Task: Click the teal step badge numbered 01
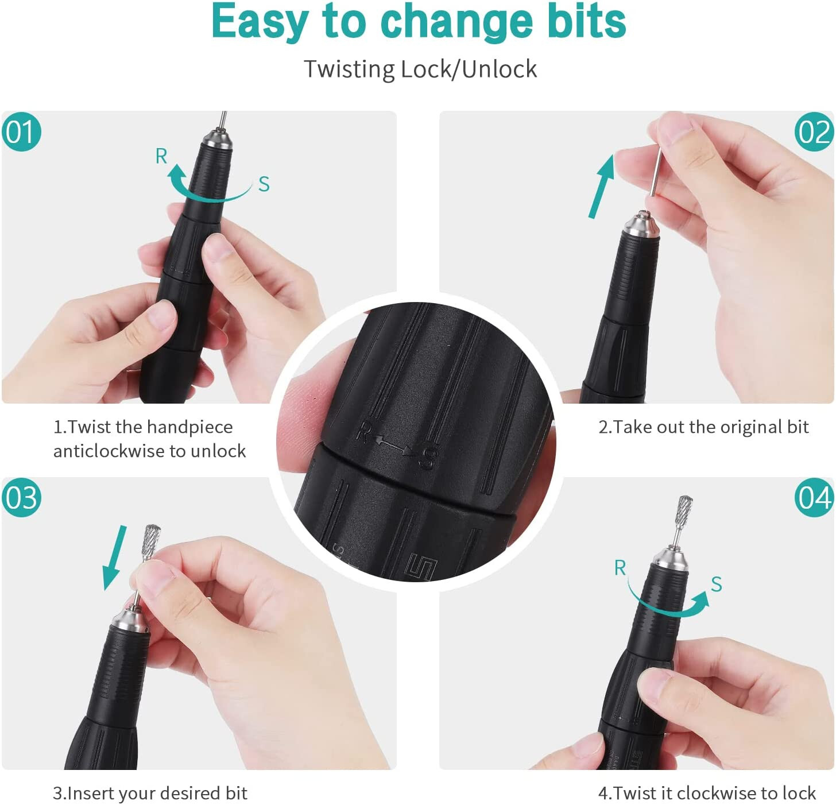tap(21, 131)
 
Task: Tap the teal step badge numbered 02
tap(814, 131)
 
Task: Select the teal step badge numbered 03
tap(21, 497)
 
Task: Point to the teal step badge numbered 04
tap(814, 497)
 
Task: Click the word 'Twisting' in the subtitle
tap(349, 69)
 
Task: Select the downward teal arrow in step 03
tap(114, 558)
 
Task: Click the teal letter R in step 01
tap(161, 156)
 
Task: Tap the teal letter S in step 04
tap(717, 585)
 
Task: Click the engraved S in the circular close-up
tap(428, 458)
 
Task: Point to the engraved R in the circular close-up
tap(363, 432)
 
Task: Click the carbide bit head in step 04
tap(685, 511)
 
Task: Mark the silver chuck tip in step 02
tap(641, 225)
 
